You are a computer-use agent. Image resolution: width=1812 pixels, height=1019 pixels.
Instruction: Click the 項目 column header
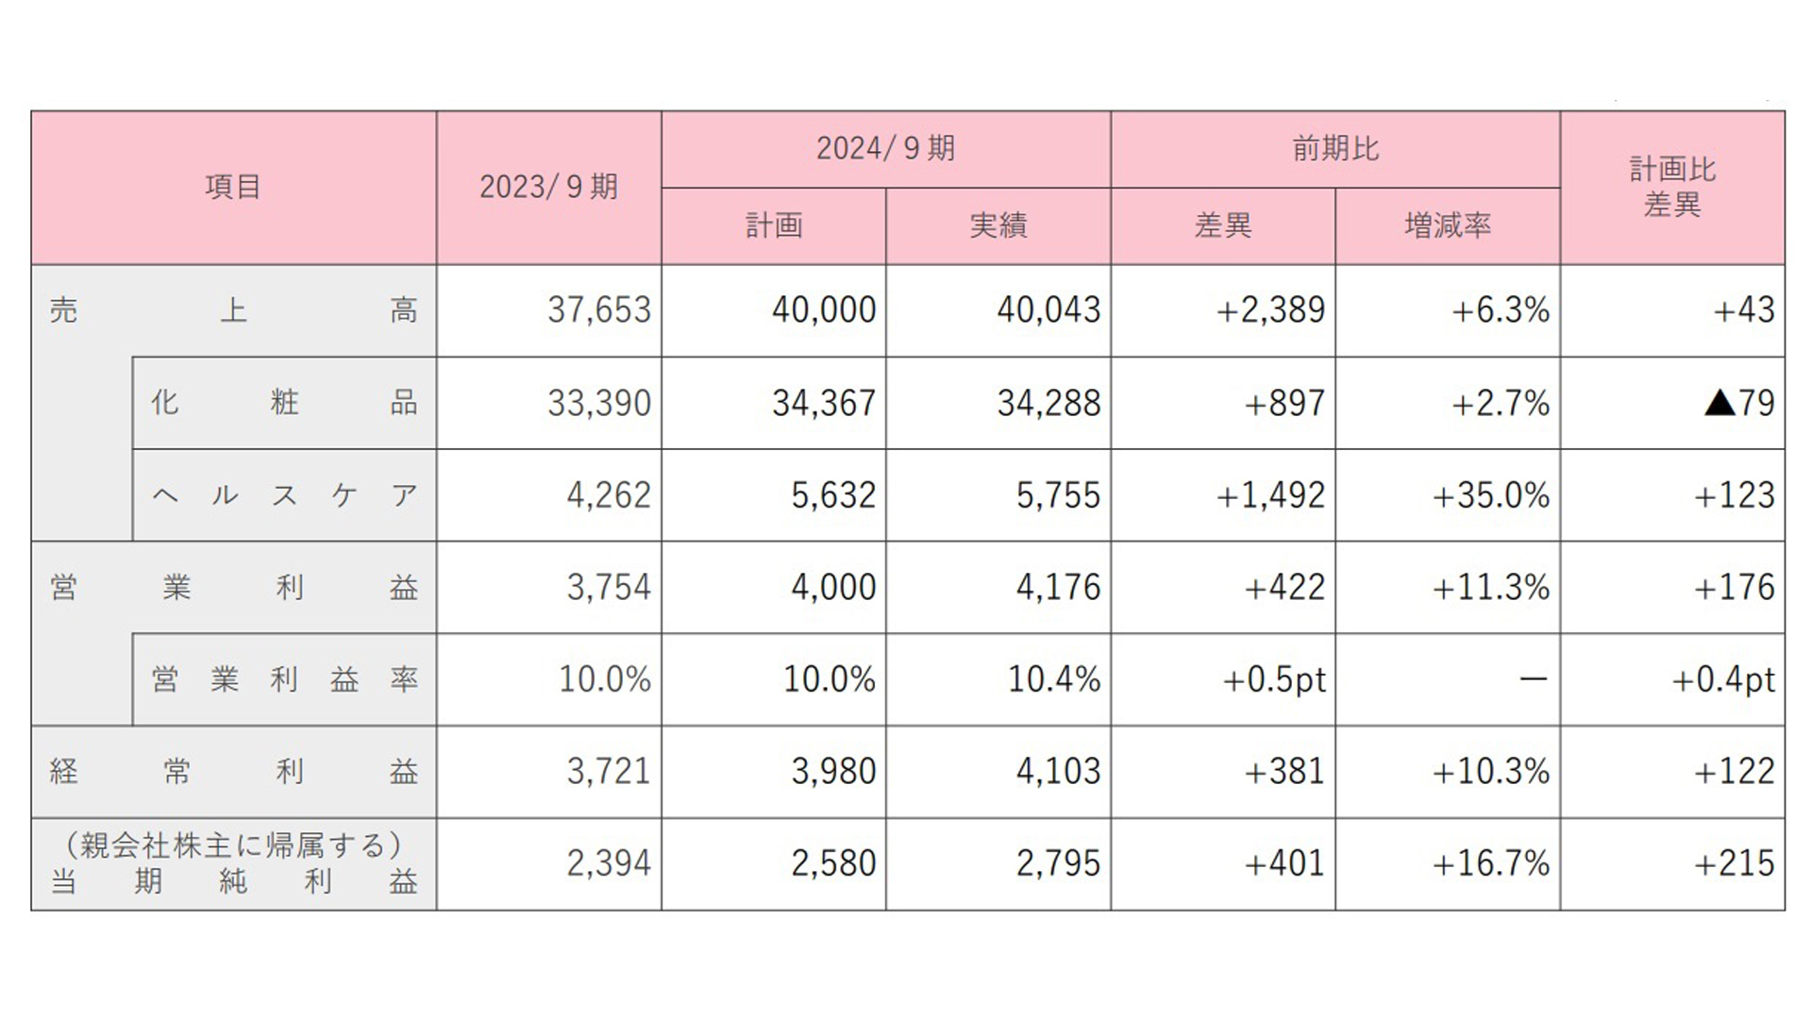coord(233,187)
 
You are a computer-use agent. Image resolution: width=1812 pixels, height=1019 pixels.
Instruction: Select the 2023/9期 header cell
coord(548,187)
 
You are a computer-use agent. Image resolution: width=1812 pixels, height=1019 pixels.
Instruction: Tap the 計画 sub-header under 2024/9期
coord(774,226)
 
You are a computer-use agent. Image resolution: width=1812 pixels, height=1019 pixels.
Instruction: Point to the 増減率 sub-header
coord(1448,226)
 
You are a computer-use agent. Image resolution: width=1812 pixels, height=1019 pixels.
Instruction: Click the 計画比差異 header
coord(1672,187)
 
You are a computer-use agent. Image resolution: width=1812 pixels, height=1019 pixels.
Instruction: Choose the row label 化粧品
coord(284,403)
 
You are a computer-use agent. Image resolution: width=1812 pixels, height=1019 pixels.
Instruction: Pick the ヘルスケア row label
coord(284,495)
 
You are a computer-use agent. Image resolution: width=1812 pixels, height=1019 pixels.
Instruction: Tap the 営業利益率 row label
coord(284,679)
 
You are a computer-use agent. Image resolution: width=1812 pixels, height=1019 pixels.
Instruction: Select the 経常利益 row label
coord(233,772)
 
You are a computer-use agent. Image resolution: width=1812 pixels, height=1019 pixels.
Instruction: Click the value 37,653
coord(599,310)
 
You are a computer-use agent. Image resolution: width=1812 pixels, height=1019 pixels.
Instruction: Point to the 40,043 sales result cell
coord(1049,310)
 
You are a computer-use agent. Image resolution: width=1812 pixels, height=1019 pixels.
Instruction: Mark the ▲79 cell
coord(1739,403)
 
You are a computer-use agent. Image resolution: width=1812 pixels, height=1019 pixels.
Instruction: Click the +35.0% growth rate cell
coord(1491,495)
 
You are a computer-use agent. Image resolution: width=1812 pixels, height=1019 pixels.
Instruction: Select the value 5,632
coord(833,495)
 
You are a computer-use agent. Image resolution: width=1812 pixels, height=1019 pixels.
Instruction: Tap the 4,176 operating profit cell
coord(1058,587)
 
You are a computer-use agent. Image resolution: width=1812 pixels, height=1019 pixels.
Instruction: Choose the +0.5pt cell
coord(1274,679)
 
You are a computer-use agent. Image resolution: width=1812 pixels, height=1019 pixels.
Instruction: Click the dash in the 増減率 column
coord(1534,679)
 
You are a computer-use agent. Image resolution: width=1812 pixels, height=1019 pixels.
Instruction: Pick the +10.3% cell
coord(1491,772)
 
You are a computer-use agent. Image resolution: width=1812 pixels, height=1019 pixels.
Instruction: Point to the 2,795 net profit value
coord(1058,863)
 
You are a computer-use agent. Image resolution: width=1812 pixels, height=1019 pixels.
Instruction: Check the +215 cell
coord(1735,863)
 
